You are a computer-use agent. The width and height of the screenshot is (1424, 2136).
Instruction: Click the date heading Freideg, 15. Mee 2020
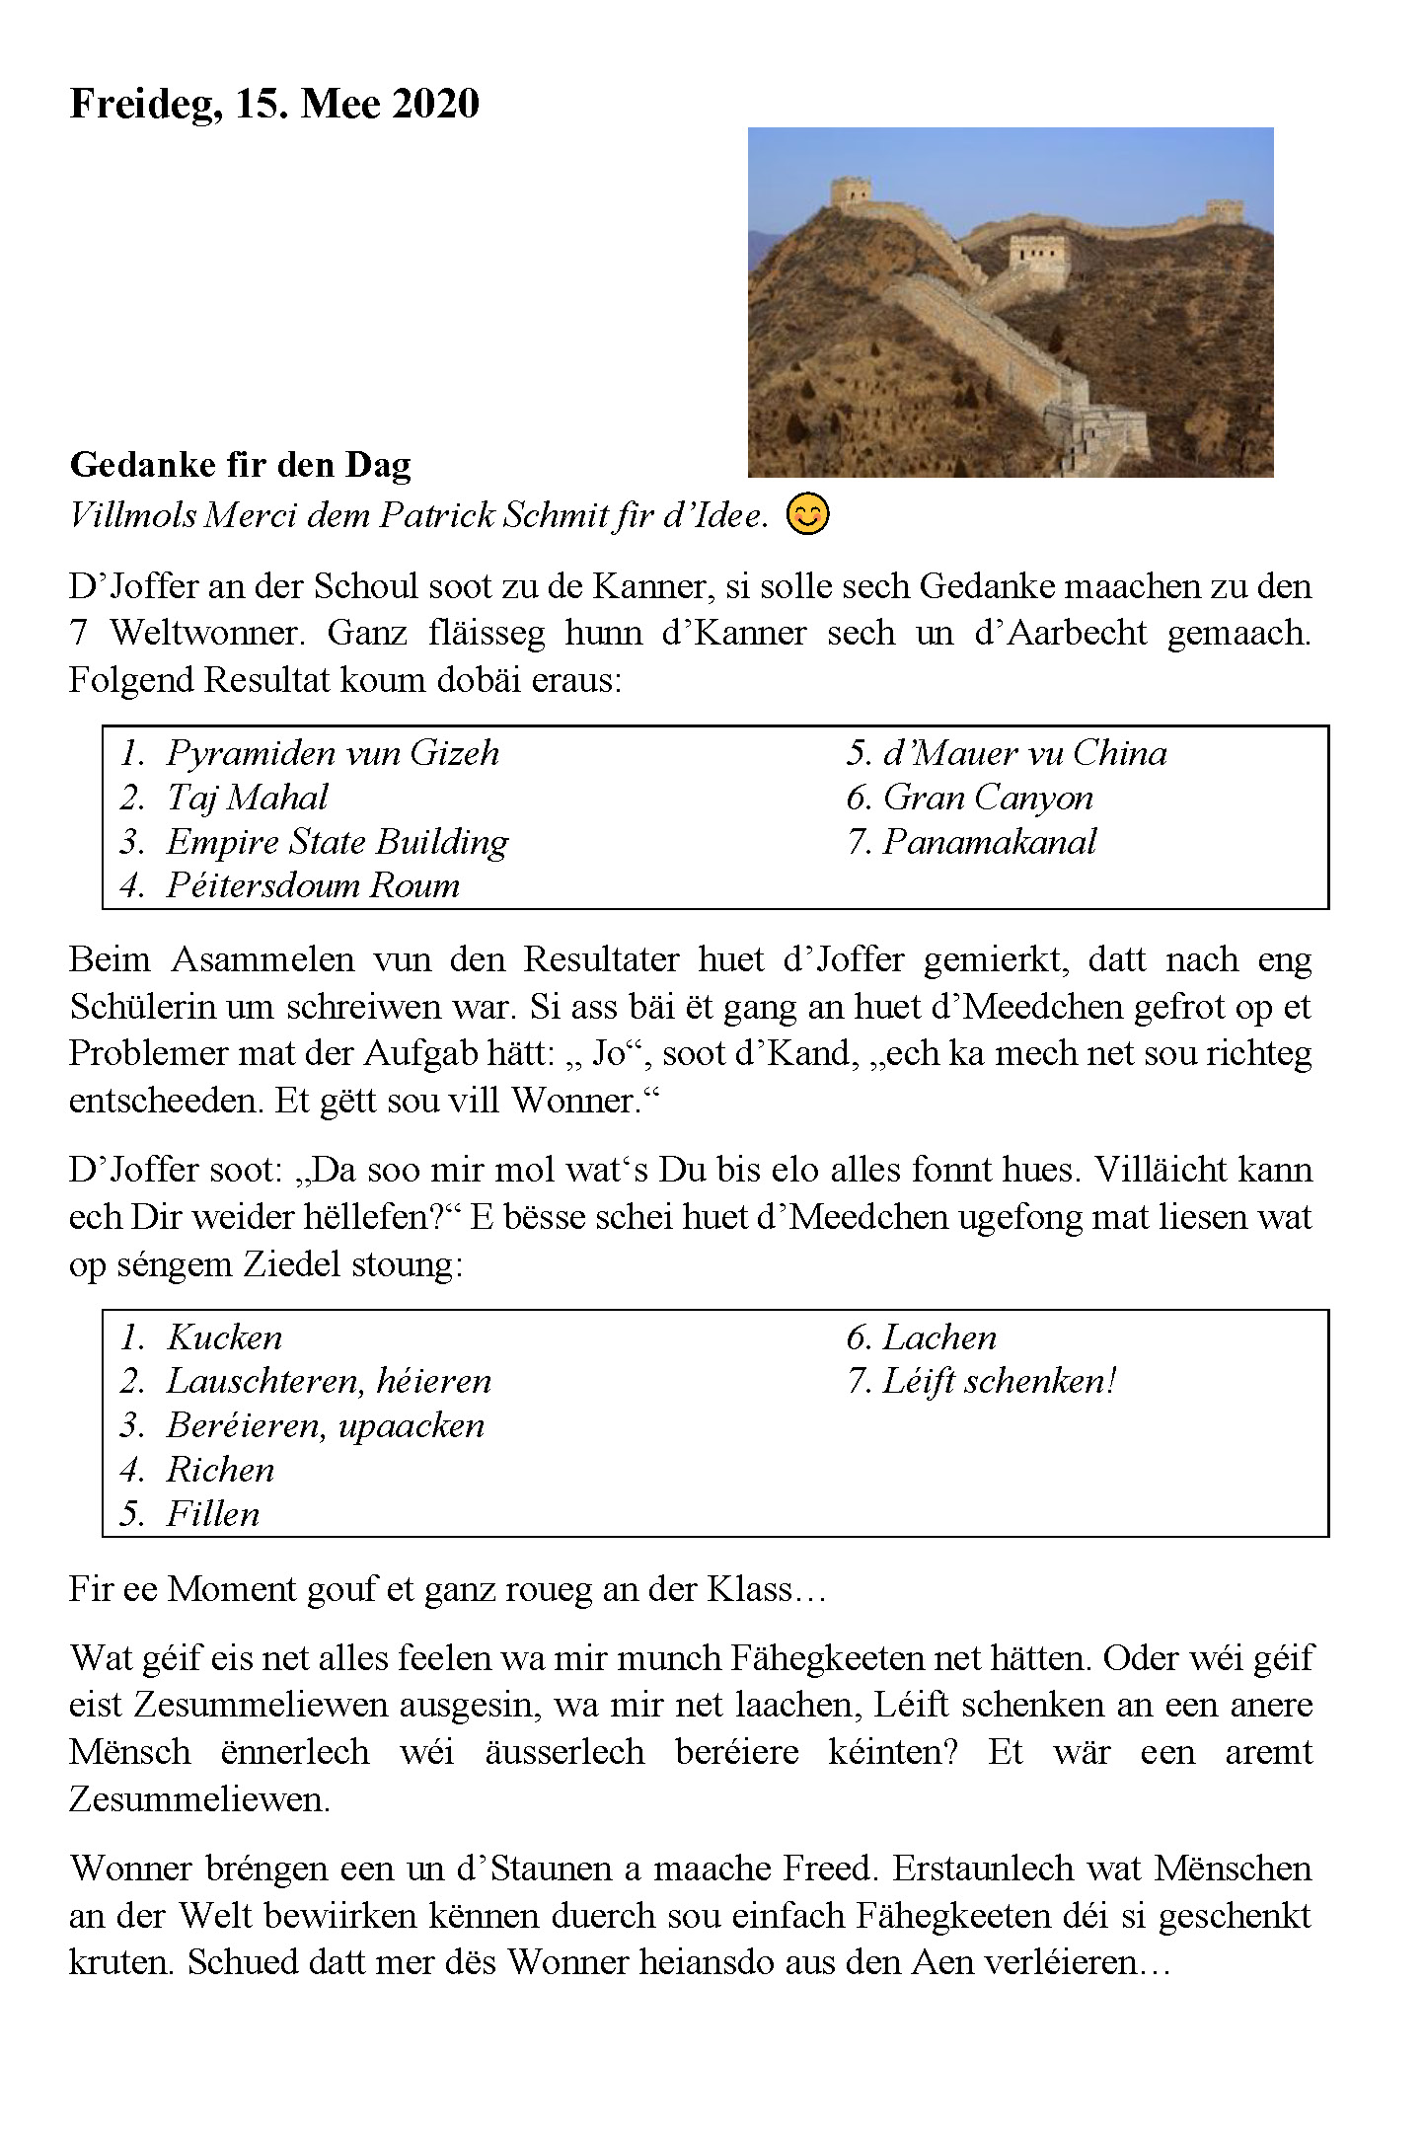point(274,104)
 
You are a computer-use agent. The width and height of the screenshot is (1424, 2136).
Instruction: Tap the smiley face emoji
point(807,514)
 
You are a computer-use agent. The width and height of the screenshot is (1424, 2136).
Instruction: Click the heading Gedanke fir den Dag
point(240,465)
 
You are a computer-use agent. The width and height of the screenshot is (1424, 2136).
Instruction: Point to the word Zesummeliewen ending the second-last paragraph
point(199,1798)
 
